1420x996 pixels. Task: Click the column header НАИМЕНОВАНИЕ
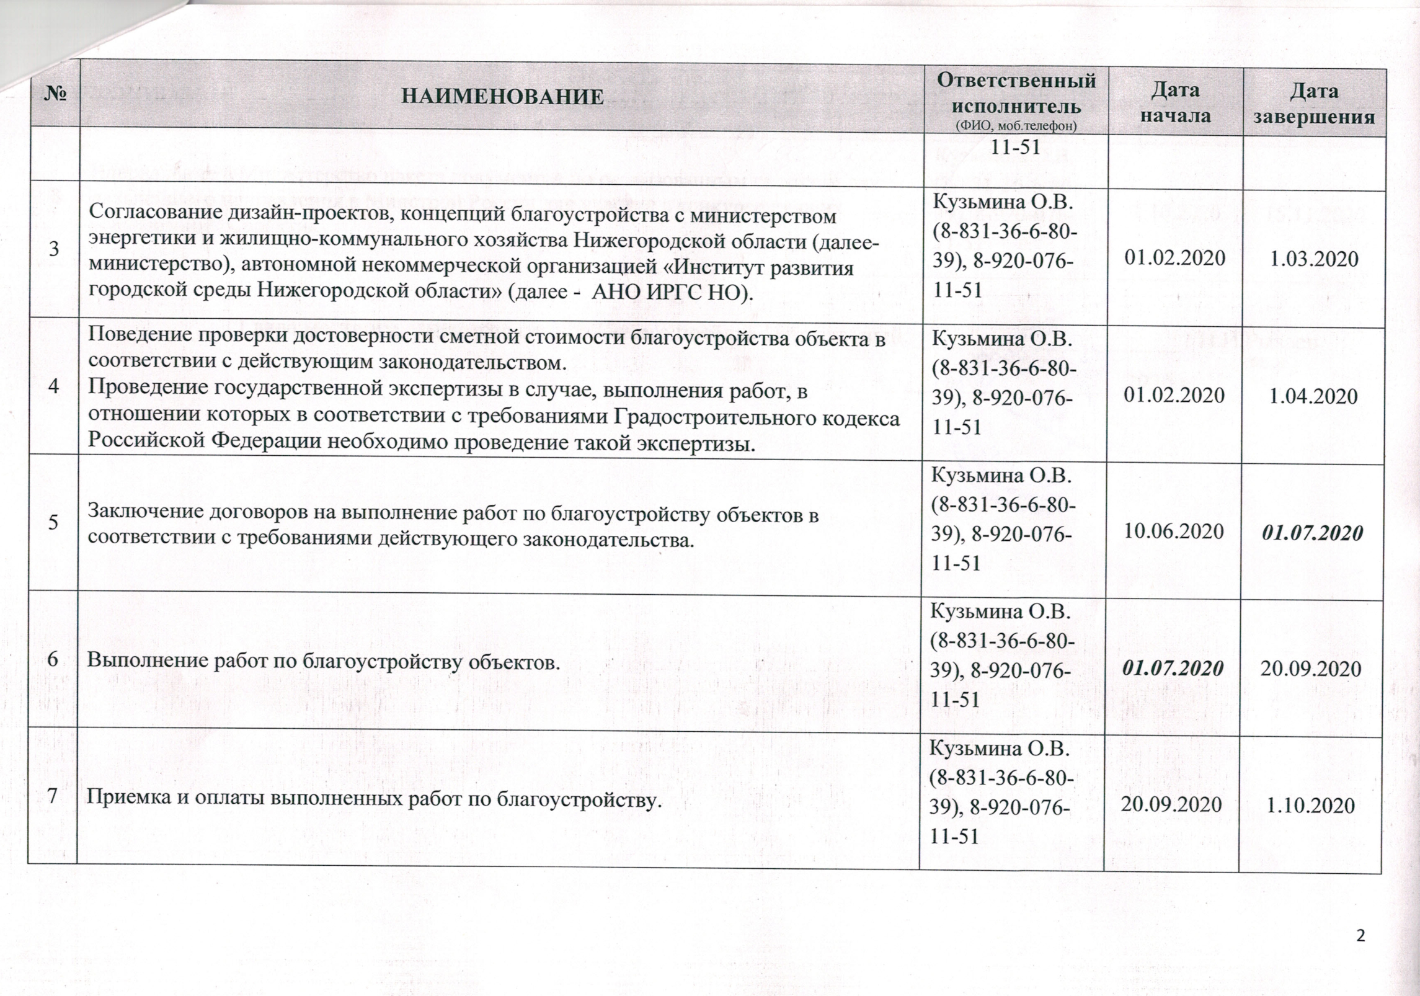coord(502,97)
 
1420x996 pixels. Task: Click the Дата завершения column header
coord(1314,104)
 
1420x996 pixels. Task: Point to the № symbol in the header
coord(55,95)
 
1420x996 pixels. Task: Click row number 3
coord(55,249)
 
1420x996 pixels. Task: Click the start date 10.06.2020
coord(1174,531)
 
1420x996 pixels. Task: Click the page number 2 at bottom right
coord(1361,953)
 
